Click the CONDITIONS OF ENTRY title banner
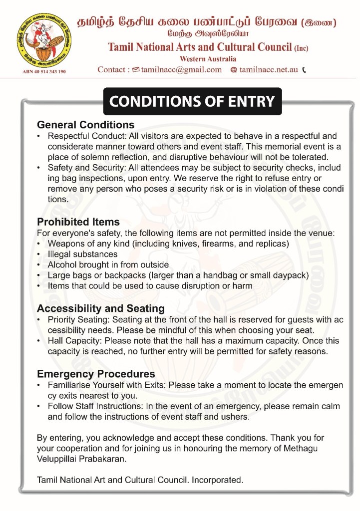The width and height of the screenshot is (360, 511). click(x=192, y=102)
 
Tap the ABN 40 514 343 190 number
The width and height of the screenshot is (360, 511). click(x=44, y=71)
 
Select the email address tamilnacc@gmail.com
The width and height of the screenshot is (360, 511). click(x=181, y=69)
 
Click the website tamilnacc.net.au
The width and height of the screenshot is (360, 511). click(x=269, y=69)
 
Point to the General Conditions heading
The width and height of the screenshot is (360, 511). click(x=85, y=124)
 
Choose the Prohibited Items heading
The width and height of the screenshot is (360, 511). click(x=78, y=222)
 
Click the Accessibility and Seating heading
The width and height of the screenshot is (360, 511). click(x=100, y=308)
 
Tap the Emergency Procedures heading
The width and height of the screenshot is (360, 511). click(x=96, y=374)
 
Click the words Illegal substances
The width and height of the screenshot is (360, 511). click(x=82, y=254)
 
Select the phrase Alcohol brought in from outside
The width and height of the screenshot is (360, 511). click(x=108, y=264)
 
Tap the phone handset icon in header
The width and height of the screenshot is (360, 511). click(x=304, y=70)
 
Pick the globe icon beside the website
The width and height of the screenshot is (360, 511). click(x=233, y=70)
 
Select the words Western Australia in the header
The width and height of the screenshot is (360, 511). click(x=208, y=59)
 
